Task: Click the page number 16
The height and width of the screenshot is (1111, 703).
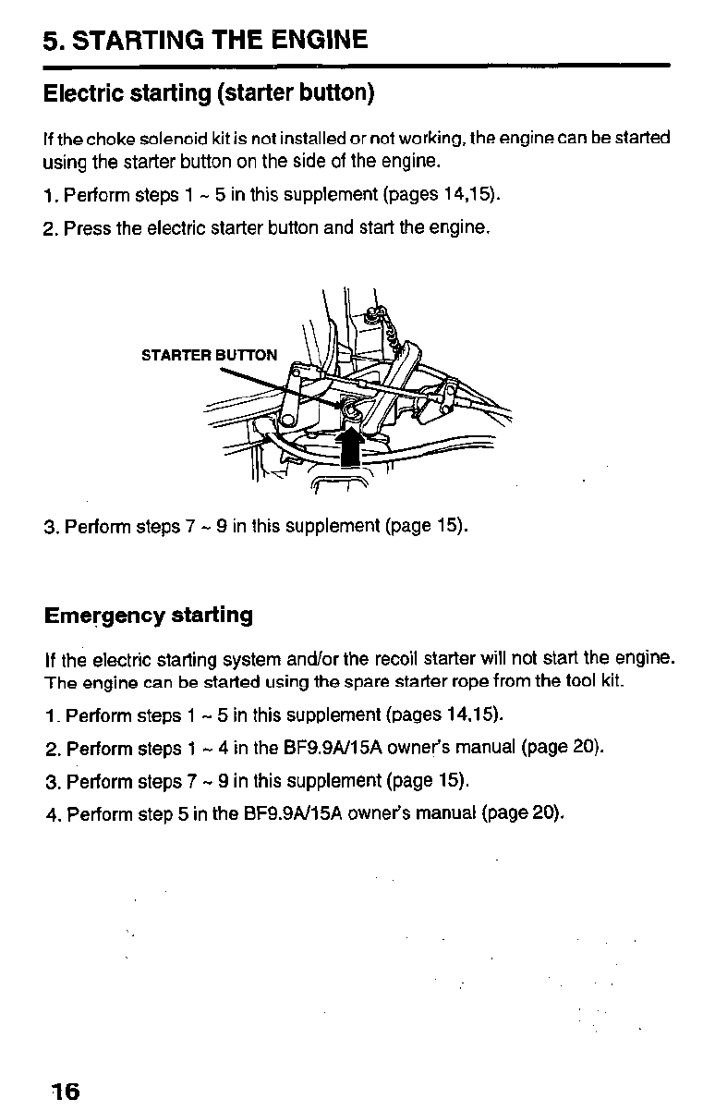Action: [x=66, y=1091]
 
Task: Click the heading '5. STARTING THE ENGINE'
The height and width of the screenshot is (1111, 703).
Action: [x=205, y=40]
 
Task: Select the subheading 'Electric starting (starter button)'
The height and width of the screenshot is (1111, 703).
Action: [x=209, y=94]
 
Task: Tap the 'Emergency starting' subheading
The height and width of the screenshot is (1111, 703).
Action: [x=149, y=616]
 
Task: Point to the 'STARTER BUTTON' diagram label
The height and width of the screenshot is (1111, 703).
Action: [x=209, y=355]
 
